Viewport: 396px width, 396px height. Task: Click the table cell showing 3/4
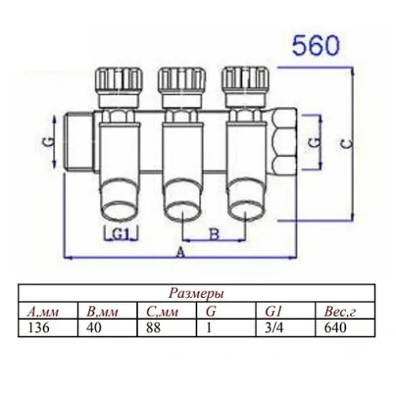click(270, 326)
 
